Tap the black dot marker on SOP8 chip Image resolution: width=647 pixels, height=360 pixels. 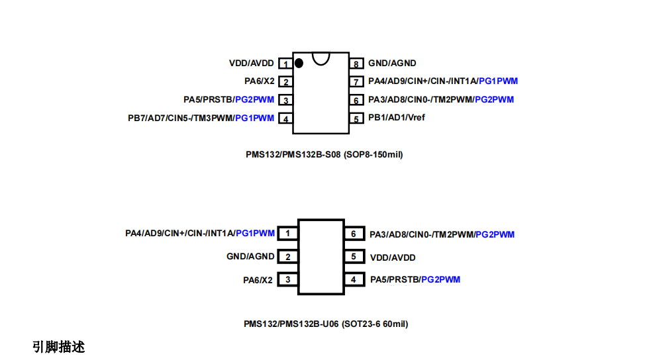point(299,63)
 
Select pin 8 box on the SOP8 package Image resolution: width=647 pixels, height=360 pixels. point(356,64)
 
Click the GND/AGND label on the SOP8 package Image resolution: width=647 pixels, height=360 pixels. point(392,64)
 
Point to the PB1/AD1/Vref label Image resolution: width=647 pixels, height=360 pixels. point(397,118)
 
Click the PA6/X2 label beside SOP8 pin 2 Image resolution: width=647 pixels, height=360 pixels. point(259,81)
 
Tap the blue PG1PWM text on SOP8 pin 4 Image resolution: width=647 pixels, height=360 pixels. point(254,118)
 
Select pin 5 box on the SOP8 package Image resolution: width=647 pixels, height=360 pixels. point(356,118)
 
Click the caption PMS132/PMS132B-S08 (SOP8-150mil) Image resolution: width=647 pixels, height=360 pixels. point(324,155)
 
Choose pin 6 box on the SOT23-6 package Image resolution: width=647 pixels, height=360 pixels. point(354,234)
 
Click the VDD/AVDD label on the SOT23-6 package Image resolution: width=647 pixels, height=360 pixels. point(393,257)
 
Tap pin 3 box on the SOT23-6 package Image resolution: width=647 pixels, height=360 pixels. point(287,280)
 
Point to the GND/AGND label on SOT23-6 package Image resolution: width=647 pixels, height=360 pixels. point(250,257)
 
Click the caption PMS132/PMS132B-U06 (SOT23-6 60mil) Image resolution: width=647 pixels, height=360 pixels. point(325,324)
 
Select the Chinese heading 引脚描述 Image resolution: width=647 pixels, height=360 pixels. point(59,347)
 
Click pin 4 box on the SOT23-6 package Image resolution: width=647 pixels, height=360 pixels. point(354,280)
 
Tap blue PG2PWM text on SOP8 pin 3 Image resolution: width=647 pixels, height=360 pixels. point(254,100)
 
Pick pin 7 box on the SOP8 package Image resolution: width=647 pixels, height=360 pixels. point(356,82)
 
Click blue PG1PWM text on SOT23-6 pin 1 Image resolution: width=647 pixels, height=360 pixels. point(255,234)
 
